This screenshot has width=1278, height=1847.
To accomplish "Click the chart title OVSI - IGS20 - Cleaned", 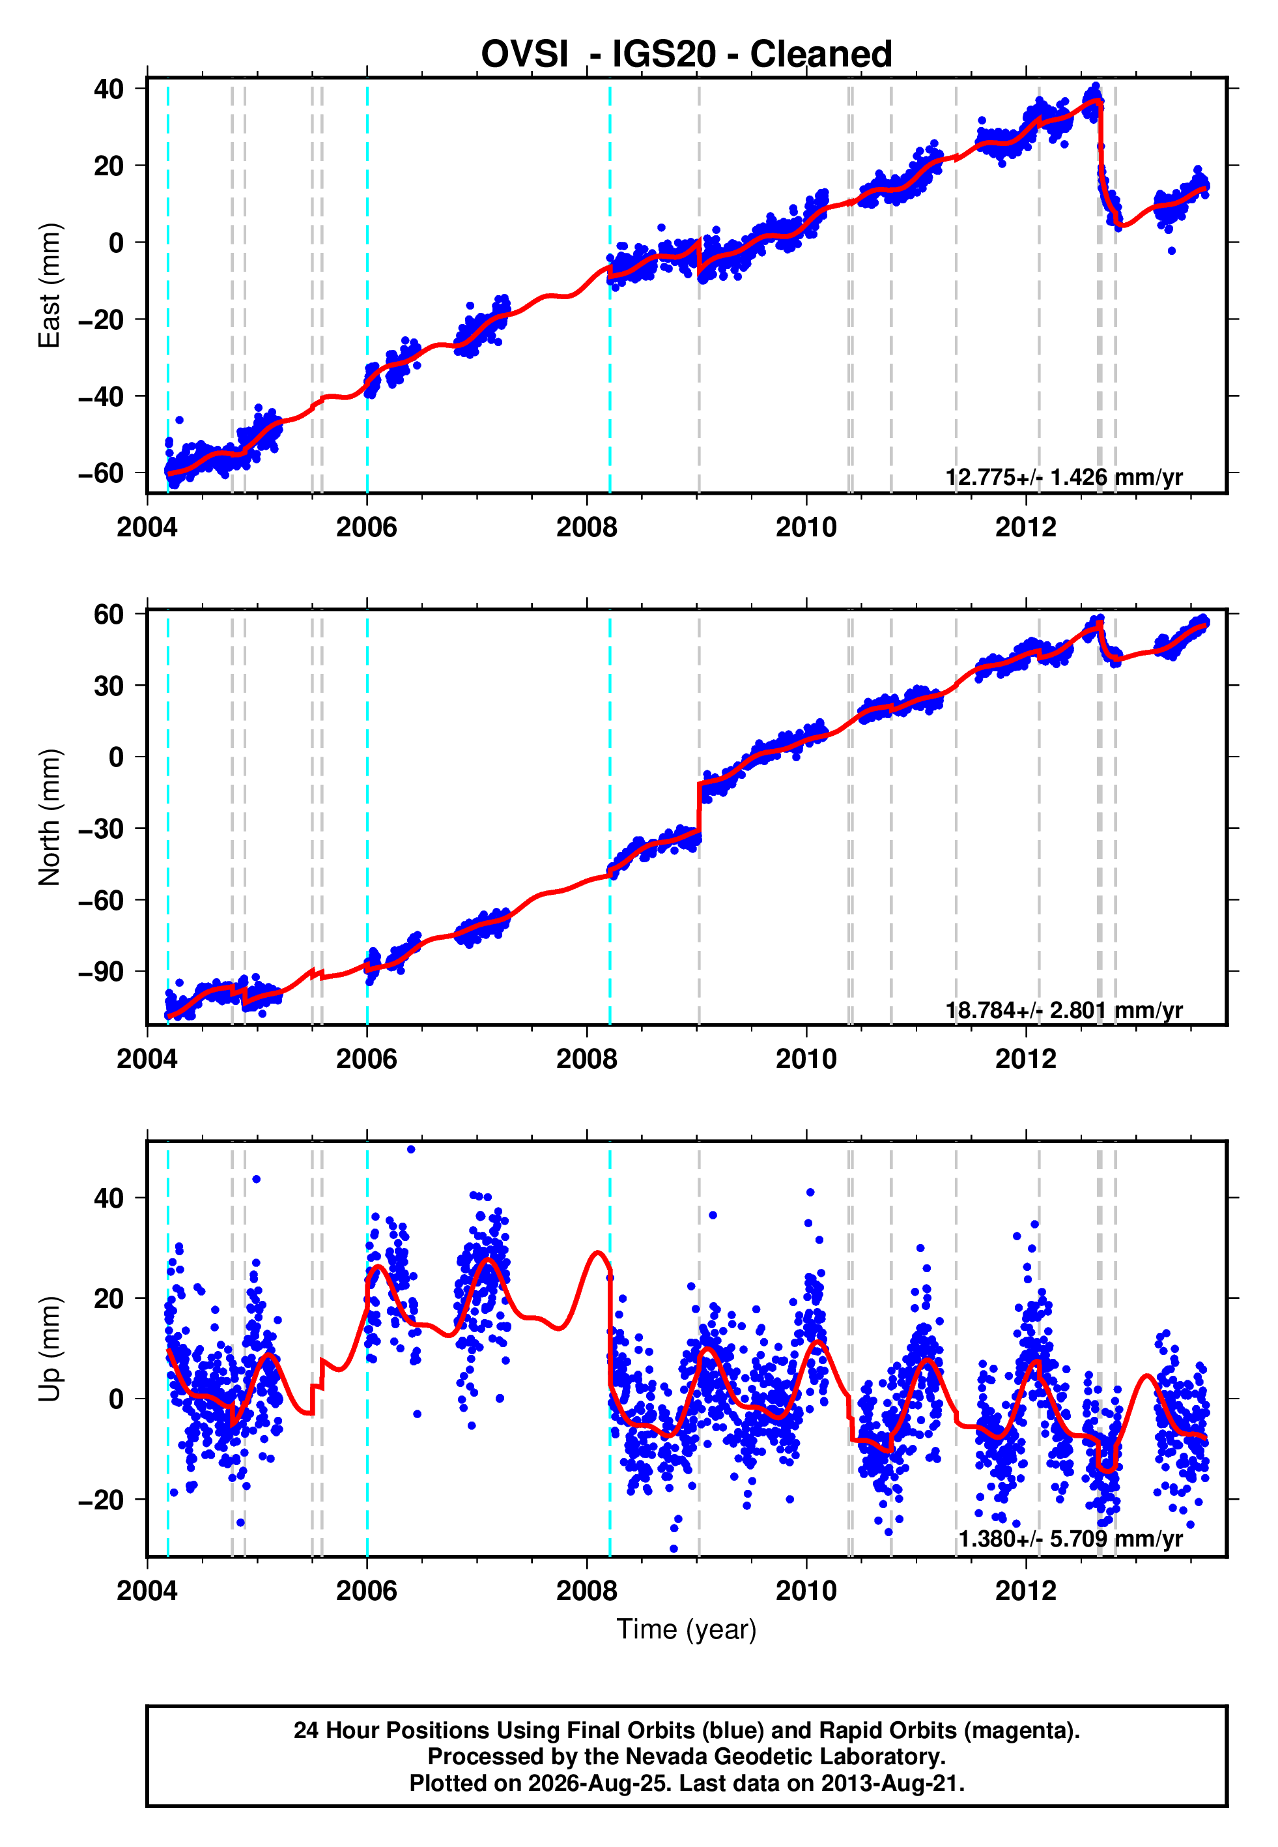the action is (x=687, y=55).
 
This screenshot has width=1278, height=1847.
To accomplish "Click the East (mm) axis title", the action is (x=50, y=285).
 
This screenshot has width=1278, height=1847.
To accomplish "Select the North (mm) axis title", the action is (x=50, y=817).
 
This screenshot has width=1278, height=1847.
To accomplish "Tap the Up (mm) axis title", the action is (x=50, y=1349).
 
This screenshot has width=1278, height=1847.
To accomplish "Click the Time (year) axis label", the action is (x=687, y=1629).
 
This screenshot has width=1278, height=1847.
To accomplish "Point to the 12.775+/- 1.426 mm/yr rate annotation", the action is (x=1064, y=477).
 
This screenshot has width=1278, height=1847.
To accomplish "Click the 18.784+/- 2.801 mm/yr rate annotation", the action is (x=1064, y=1010).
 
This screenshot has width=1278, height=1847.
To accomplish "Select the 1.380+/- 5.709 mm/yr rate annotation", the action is (x=1071, y=1539).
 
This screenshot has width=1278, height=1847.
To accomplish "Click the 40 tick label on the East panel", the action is (x=109, y=88).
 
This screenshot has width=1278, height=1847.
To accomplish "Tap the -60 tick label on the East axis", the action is (x=101, y=473).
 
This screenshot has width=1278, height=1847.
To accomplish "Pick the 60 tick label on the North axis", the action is (x=109, y=615).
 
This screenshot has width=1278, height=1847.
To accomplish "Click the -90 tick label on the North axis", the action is (x=101, y=972).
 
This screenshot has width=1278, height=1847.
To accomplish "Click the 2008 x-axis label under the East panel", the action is (x=587, y=527).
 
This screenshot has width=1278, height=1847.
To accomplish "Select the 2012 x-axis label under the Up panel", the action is (x=1026, y=1590).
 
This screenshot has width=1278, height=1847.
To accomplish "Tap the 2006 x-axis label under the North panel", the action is (x=367, y=1059).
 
